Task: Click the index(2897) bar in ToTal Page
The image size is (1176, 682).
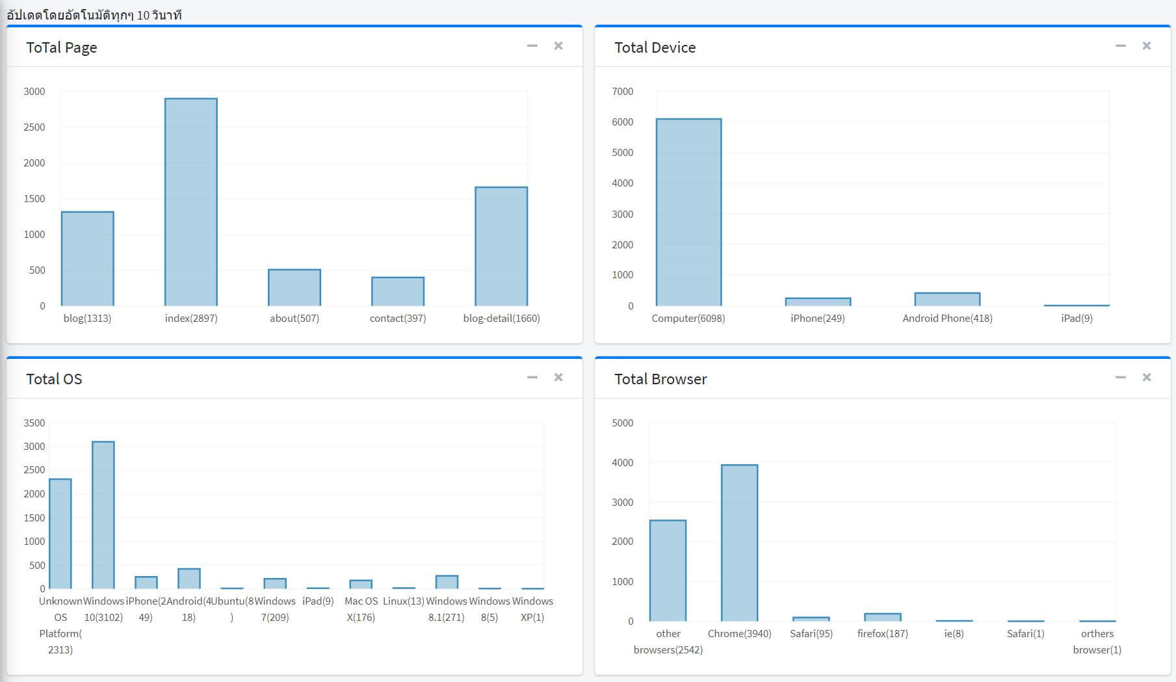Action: [190, 202]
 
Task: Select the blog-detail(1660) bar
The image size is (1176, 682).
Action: [501, 246]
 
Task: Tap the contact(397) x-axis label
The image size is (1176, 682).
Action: [397, 318]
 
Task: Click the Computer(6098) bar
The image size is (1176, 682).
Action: [688, 212]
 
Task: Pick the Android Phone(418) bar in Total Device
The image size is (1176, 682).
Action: [947, 299]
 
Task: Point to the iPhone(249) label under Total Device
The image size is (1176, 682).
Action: [817, 318]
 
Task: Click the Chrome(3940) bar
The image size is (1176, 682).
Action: [739, 543]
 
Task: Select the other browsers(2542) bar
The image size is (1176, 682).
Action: [668, 571]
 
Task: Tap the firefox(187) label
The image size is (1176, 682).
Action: [882, 633]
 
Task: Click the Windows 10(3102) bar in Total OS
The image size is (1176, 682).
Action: [103, 515]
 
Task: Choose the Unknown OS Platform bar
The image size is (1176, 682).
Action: [60, 534]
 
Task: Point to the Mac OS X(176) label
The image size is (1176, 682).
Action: [361, 609]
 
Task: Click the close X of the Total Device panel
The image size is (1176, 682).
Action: [1146, 46]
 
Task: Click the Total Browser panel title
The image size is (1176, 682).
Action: [660, 379]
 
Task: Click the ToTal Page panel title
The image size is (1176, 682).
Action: [61, 47]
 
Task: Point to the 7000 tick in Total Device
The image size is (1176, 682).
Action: [622, 92]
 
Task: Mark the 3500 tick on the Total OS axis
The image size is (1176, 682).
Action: [34, 423]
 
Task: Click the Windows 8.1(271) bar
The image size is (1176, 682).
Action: [447, 582]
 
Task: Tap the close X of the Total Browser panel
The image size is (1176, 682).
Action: [1146, 377]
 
